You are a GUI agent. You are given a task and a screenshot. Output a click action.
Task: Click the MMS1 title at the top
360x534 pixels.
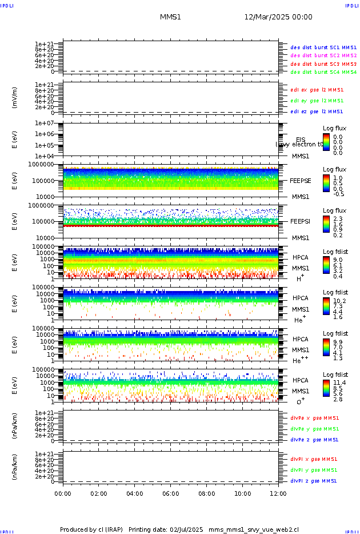pyautogui.click(x=170, y=17)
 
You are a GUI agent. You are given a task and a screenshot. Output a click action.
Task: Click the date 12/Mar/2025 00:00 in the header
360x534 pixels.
pyautogui.click(x=278, y=17)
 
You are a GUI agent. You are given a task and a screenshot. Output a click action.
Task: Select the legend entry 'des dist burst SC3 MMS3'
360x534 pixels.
pyautogui.click(x=323, y=64)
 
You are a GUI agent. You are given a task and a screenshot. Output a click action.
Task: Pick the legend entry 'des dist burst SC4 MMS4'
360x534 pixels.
pyautogui.click(x=323, y=73)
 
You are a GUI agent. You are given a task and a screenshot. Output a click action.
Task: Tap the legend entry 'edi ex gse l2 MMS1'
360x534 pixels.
pyautogui.click(x=317, y=90)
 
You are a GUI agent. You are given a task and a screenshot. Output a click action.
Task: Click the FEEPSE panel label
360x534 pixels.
pyautogui.click(x=301, y=181)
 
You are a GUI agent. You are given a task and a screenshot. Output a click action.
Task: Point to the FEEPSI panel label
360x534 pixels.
pyautogui.click(x=301, y=221)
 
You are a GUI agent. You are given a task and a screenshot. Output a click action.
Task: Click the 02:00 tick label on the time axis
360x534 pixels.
pyautogui.click(x=99, y=493)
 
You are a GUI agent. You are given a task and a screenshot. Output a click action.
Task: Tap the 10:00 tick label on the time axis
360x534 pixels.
pyautogui.click(x=243, y=493)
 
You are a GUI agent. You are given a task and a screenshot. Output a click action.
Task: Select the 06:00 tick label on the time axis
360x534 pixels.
pyautogui.click(x=171, y=493)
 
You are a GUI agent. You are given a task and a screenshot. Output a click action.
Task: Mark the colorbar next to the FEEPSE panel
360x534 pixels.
pyautogui.click(x=326, y=184)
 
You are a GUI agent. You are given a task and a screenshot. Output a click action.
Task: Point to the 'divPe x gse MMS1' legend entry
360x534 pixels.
pyautogui.click(x=315, y=418)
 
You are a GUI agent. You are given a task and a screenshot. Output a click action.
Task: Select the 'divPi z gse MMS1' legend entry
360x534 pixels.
pyautogui.click(x=314, y=481)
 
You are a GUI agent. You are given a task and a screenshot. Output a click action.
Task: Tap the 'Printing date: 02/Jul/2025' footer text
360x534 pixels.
pyautogui.click(x=166, y=529)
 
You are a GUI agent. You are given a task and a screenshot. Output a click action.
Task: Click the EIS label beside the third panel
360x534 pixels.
pyautogui.click(x=301, y=140)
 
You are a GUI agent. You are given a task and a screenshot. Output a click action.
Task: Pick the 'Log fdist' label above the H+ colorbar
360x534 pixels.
pyautogui.click(x=335, y=252)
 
